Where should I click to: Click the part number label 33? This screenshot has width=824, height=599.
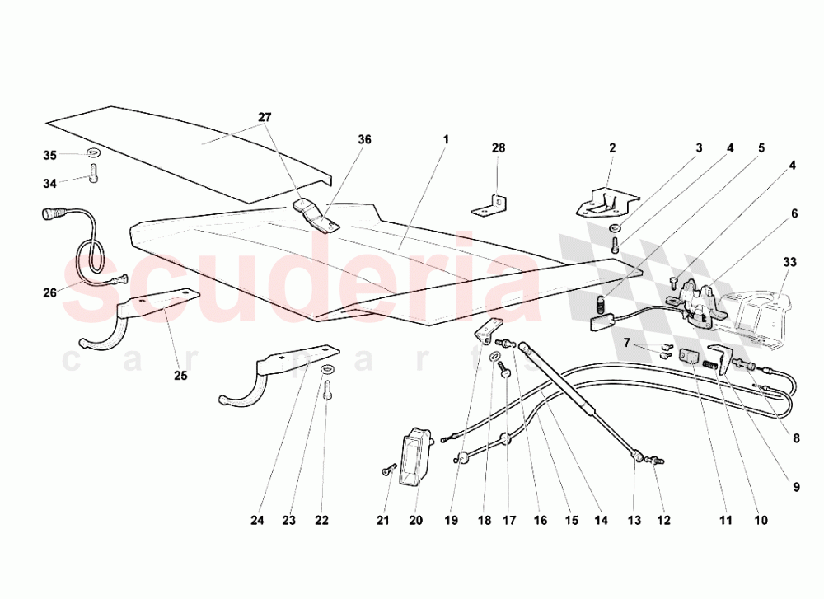click(x=789, y=262)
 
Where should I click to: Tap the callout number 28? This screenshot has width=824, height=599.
click(x=499, y=148)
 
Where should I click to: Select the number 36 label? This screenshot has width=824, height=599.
click(x=364, y=139)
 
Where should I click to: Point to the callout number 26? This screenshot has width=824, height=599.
click(x=50, y=292)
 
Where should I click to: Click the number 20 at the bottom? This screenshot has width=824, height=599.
click(x=415, y=520)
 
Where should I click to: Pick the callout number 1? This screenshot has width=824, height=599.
click(x=446, y=140)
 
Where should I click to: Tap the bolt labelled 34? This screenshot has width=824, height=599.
click(x=94, y=172)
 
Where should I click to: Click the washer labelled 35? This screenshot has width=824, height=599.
click(x=94, y=153)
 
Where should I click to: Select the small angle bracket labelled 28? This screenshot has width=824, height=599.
click(x=489, y=205)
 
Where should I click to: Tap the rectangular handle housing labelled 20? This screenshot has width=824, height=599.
click(x=415, y=456)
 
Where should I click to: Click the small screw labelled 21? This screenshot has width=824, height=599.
click(x=388, y=470)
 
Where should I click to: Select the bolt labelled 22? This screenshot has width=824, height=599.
click(x=327, y=390)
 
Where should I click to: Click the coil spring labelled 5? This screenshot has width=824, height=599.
click(x=600, y=304)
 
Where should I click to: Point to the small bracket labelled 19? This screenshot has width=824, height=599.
click(x=488, y=333)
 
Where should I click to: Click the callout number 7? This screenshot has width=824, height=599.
click(x=626, y=343)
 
